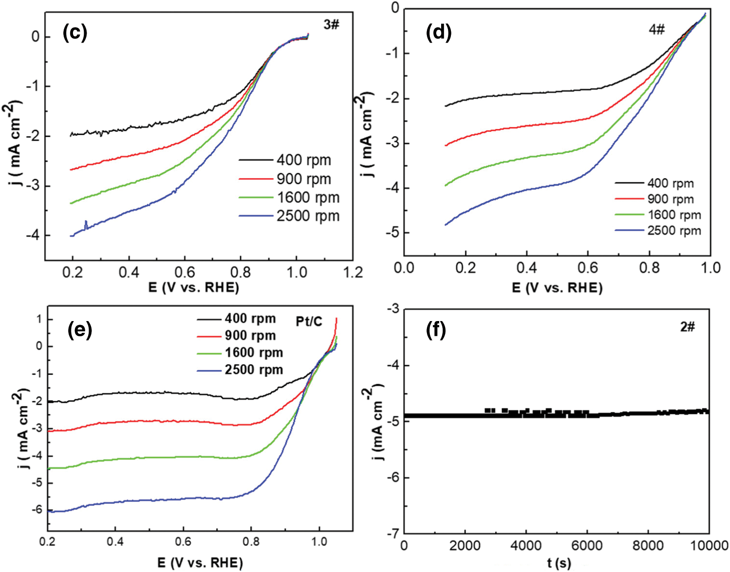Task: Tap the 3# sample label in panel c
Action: click(331, 25)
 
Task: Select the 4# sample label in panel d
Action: click(657, 29)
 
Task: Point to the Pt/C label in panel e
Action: click(309, 322)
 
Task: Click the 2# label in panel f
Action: click(687, 327)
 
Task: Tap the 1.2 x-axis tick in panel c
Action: click(353, 273)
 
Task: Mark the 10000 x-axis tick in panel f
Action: click(708, 545)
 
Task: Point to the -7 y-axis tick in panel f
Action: click(393, 533)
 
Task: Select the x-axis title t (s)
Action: click(559, 563)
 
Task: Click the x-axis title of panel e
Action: click(200, 562)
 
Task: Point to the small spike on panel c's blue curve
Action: click(86, 224)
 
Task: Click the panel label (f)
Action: click(436, 329)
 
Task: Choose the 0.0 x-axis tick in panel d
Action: click(404, 268)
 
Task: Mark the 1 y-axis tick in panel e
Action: click(39, 320)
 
